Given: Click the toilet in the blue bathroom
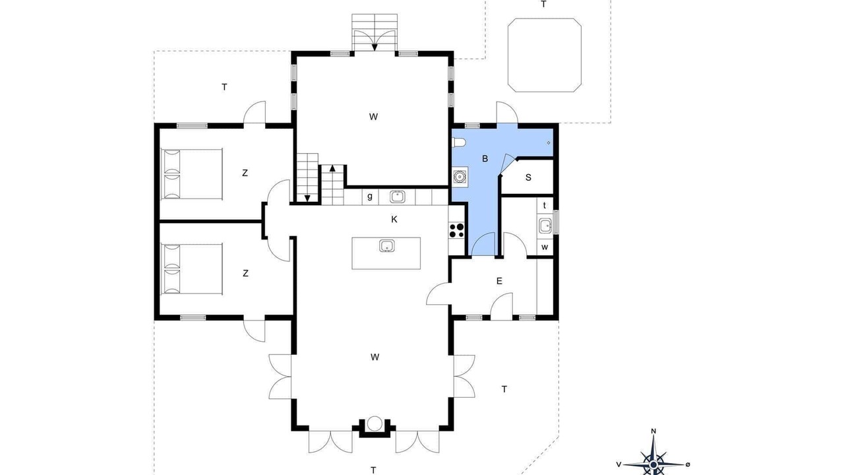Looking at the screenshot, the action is point(460,142).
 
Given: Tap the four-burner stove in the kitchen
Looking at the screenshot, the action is point(457,230).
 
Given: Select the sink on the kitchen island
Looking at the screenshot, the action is point(386,246).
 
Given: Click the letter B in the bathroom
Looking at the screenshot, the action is point(485,159).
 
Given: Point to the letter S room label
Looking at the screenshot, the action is point(528,177).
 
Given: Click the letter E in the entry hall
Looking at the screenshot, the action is point(499,281).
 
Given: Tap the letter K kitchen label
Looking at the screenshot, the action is point(394,220).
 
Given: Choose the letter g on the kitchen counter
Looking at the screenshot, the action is point(370,197).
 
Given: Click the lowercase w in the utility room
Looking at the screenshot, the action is point(545,247).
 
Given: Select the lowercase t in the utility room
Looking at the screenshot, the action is point(545,205).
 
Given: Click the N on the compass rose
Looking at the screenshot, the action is point(653,431).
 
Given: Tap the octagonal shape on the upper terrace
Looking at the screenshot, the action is point(545,55).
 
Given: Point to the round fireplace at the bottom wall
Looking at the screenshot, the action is point(375,424).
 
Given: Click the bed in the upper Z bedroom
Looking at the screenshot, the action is point(192,174).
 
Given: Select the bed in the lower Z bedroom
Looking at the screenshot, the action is point(192,269).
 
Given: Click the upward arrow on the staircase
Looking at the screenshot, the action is point(332,168).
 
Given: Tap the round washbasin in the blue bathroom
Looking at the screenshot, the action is point(460,176).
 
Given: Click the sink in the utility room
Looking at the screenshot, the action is point(545,226).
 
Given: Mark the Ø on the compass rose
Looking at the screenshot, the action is point(688,464).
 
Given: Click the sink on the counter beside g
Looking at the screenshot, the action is point(397,197).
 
